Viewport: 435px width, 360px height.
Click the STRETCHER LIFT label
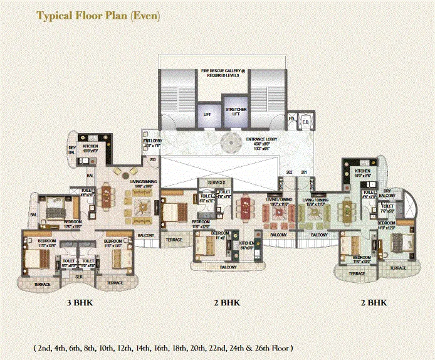coord(236,112)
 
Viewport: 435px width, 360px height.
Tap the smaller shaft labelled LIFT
coord(207,115)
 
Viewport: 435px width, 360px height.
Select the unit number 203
coord(152,160)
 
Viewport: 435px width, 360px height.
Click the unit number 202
coord(289,171)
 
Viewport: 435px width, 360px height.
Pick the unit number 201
coord(304,171)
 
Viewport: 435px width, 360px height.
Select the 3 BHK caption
coord(80,303)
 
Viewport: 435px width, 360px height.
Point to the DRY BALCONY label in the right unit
coord(391,193)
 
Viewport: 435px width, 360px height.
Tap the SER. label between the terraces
coord(79,277)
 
